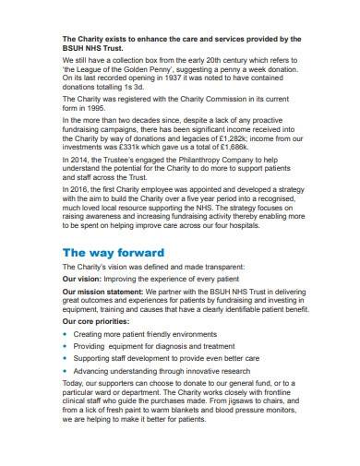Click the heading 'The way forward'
click(113, 252)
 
